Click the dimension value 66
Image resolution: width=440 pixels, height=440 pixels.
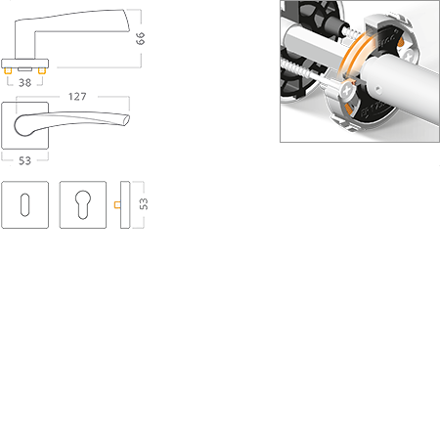point(140,38)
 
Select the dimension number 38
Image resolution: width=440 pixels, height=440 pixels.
point(24,83)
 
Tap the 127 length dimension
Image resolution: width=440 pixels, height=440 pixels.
point(77,97)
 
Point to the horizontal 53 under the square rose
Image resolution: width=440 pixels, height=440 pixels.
point(24,160)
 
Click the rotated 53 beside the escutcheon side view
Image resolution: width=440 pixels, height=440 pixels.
point(144,204)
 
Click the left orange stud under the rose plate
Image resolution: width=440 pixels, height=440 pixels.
point(8,70)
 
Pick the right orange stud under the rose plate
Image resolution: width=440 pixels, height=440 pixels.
point(41,70)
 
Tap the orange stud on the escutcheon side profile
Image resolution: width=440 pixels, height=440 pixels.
point(117,204)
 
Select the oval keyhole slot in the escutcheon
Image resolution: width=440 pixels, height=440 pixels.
point(24,204)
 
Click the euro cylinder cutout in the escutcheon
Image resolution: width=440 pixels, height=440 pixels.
point(83,204)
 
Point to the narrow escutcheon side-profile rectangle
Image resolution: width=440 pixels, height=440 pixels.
point(125,204)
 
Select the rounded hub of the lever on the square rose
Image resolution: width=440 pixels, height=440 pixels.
point(22,126)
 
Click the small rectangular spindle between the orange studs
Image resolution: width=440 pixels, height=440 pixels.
point(24,69)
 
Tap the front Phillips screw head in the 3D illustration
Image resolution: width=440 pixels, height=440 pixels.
point(347,90)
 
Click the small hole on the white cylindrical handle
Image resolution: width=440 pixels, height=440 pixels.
point(377,88)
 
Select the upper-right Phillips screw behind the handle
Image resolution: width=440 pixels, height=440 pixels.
point(408,54)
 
